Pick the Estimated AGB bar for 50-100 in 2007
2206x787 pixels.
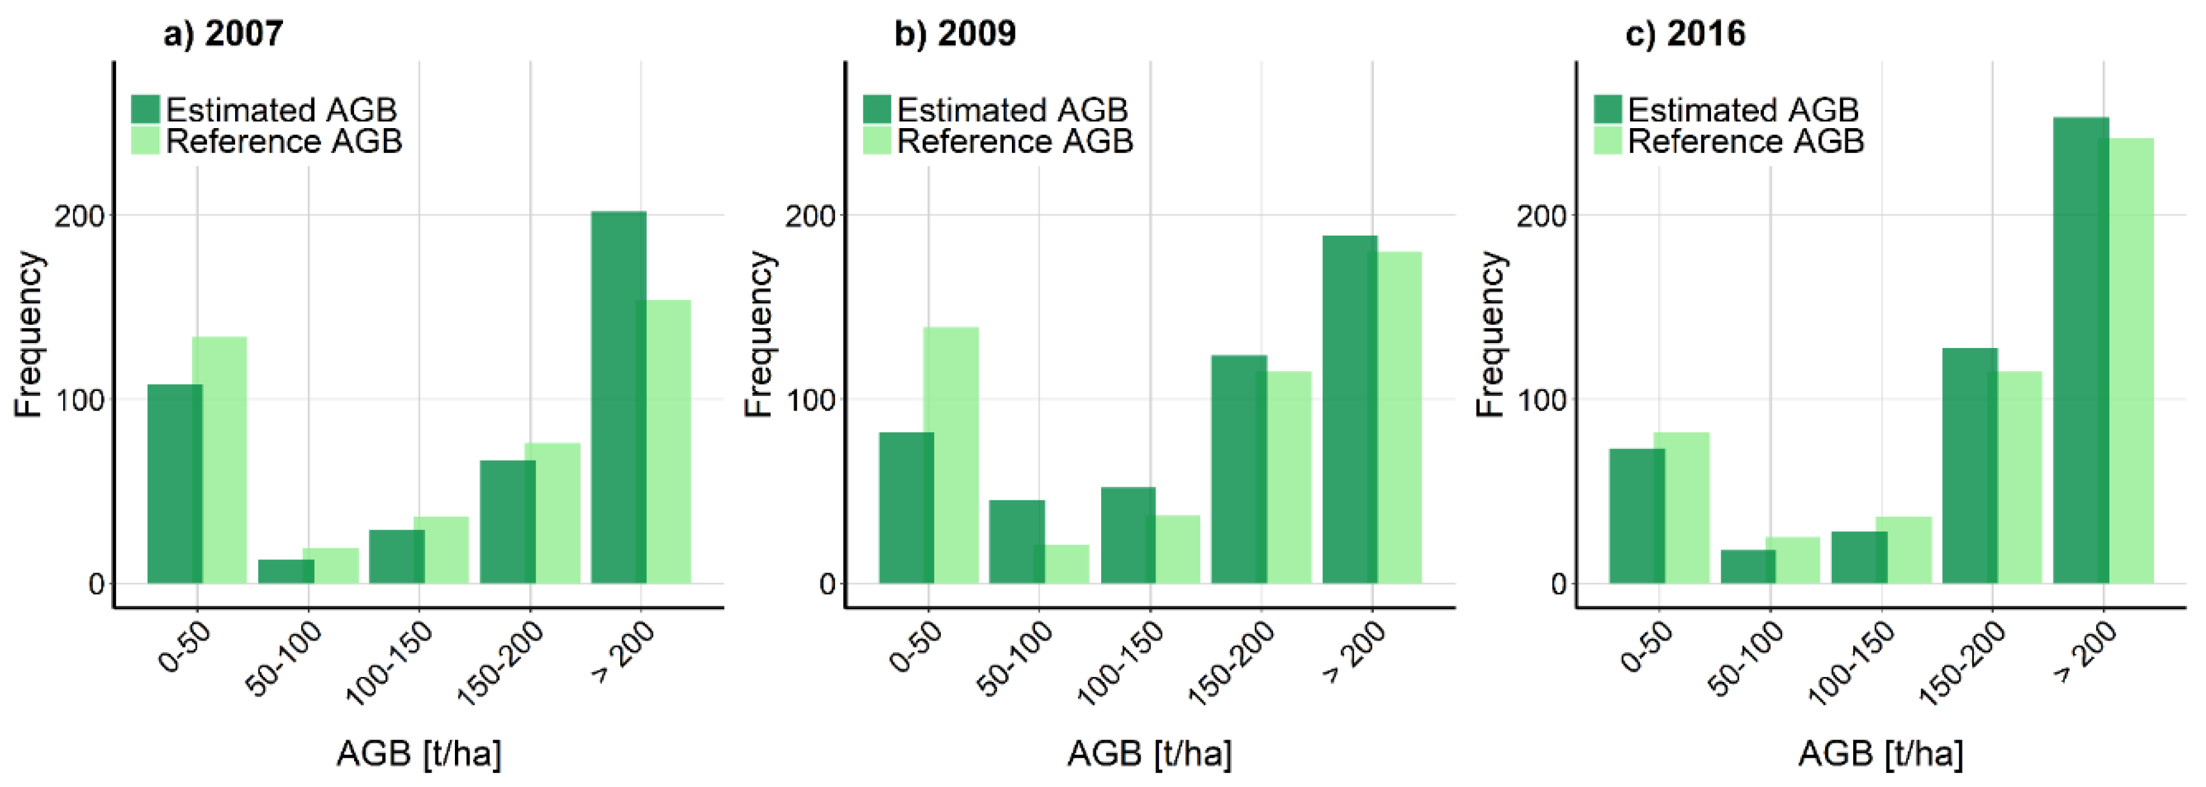pos(286,572)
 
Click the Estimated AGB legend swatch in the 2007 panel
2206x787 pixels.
pos(146,110)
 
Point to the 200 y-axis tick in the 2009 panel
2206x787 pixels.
pos(809,216)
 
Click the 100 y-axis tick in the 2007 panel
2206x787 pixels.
pos(79,400)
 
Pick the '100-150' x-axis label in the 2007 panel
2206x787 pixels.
pos(390,663)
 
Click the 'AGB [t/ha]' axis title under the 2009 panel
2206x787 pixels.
pos(1149,754)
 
